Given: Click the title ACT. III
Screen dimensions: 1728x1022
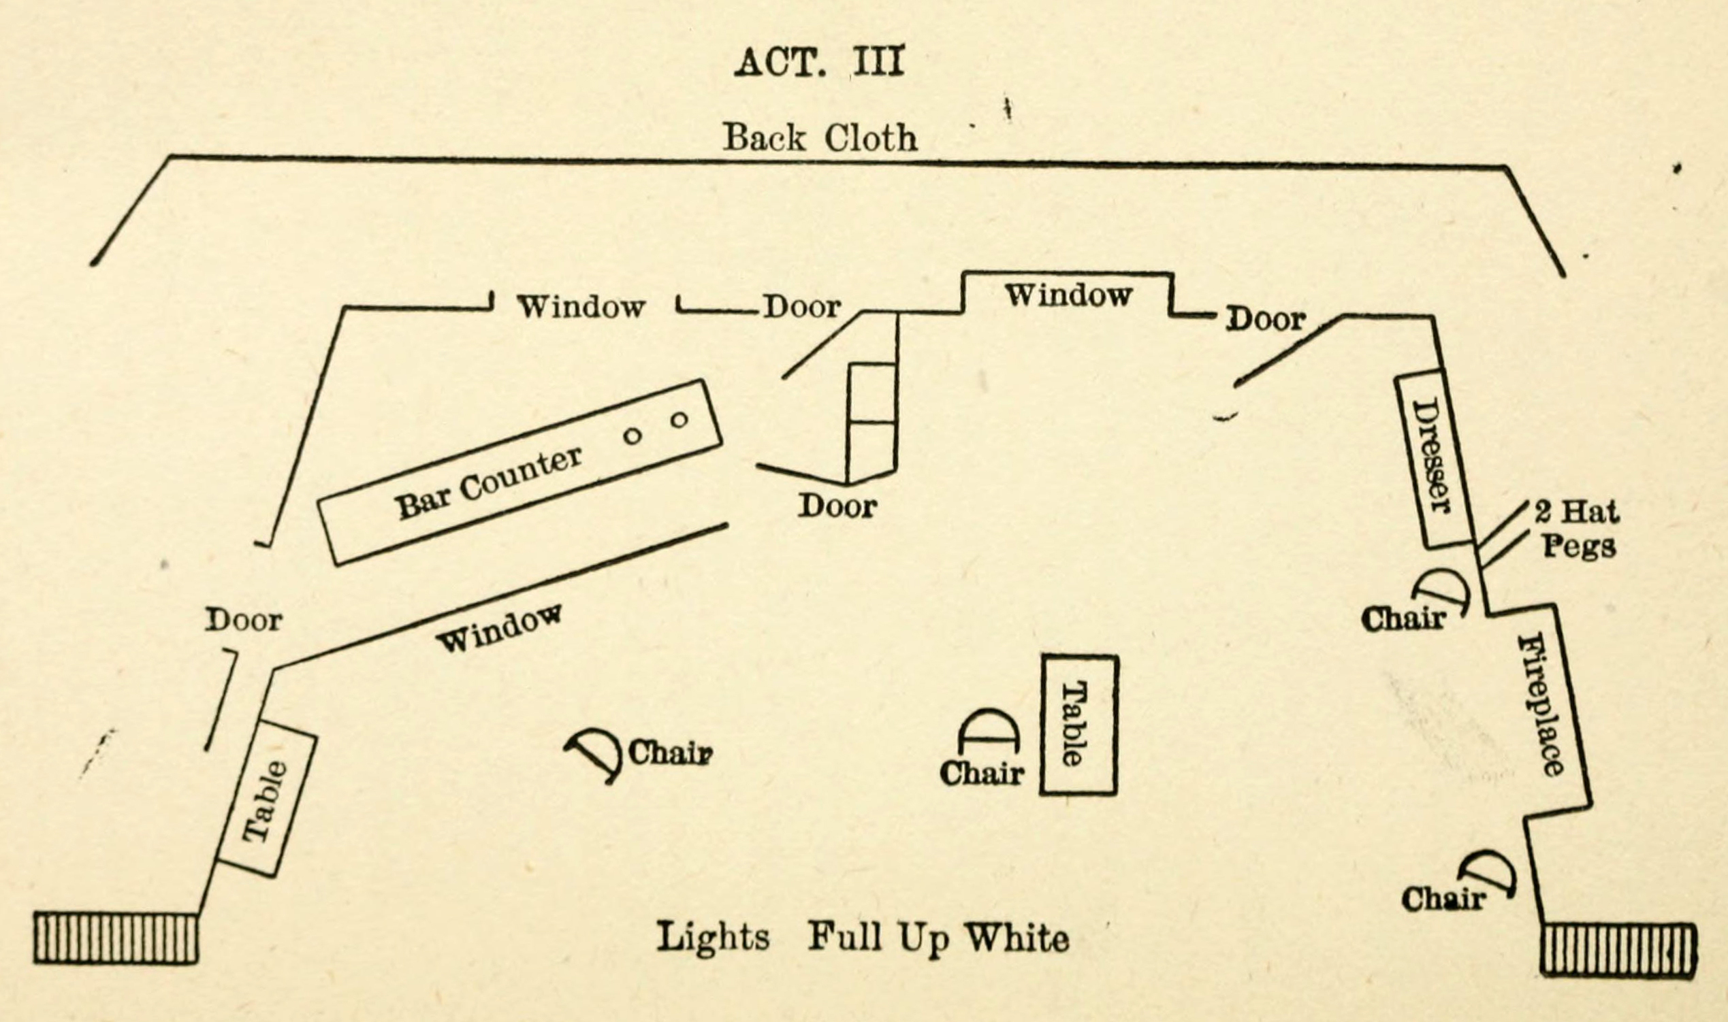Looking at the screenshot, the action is pos(818,63).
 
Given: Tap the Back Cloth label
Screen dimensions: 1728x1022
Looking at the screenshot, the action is pos(820,137).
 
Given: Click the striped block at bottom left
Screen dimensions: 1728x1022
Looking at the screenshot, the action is pos(116,938).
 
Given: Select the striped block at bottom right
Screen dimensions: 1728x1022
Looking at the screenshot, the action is pos(1618,950).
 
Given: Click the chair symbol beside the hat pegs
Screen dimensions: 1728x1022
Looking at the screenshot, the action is pos(1441,590).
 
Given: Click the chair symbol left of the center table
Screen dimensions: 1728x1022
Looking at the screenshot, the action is pos(988,731).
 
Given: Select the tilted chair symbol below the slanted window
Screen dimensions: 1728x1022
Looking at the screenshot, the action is pos(594,755).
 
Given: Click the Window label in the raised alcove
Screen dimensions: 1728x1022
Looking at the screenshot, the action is pos(1068,295).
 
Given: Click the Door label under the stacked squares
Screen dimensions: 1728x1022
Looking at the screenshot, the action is pos(838,506).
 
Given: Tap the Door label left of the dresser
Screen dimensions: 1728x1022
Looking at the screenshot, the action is pos(1266,319).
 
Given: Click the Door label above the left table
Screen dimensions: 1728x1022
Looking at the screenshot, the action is pos(243,621).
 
